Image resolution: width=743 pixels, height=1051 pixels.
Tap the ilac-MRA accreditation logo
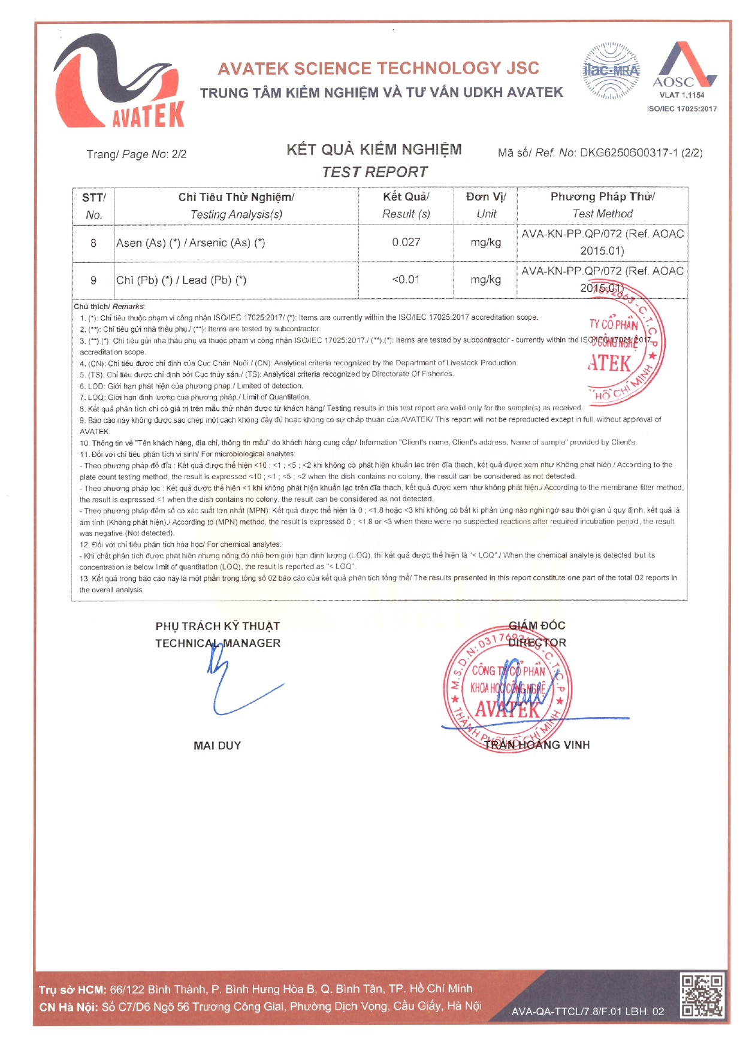pyautogui.click(x=611, y=71)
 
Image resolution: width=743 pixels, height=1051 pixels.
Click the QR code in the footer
pyautogui.click(x=702, y=995)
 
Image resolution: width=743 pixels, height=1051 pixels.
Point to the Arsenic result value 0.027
pyautogui.click(x=406, y=243)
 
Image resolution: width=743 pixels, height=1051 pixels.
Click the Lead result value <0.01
pyautogui.click(x=406, y=280)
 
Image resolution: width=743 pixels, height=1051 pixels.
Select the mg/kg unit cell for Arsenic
pyautogui.click(x=485, y=243)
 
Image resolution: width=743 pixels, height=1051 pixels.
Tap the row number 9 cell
pyautogui.click(x=93, y=280)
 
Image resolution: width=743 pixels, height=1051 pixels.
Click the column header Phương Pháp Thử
pyautogui.click(x=602, y=197)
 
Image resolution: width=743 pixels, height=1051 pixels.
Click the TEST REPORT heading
pyautogui.click(x=374, y=172)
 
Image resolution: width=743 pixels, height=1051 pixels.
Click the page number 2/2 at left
pyautogui.click(x=179, y=155)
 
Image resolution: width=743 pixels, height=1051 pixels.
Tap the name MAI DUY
pyautogui.click(x=217, y=746)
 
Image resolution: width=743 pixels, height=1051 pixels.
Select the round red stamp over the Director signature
pyautogui.click(x=507, y=689)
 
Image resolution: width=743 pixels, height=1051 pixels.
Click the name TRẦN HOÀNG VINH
pyautogui.click(x=537, y=745)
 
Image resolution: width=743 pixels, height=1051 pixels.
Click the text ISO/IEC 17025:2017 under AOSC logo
pyautogui.click(x=681, y=109)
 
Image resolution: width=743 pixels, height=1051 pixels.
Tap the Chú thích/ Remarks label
pyautogui.click(x=109, y=307)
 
